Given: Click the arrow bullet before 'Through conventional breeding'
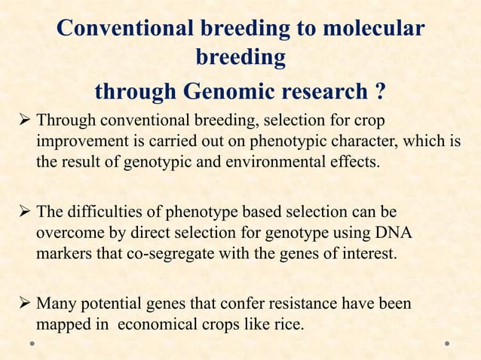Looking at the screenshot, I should click(24, 121).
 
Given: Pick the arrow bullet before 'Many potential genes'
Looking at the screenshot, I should click(24, 305).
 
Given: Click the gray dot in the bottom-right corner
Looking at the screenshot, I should click(447, 343).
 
